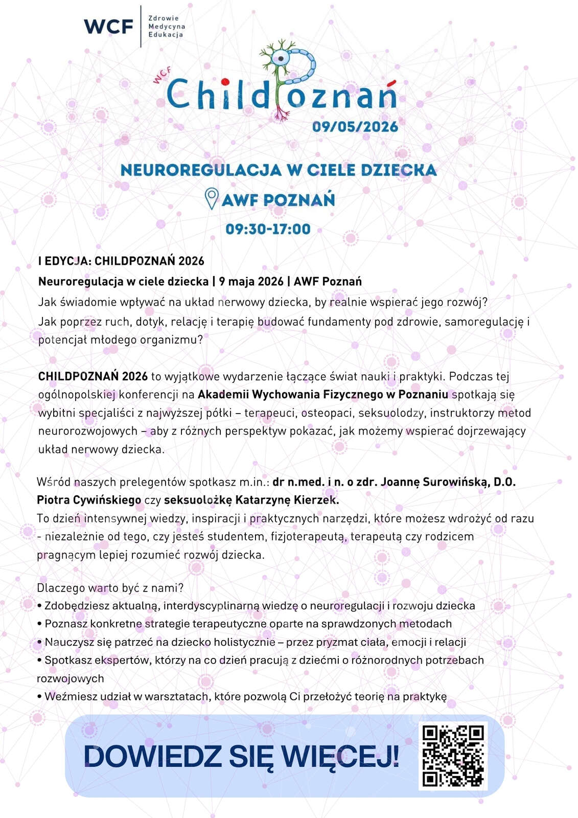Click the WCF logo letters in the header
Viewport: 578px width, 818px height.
click(108, 27)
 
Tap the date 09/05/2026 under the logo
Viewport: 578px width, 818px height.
click(355, 127)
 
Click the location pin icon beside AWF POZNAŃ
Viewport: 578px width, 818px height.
click(212, 199)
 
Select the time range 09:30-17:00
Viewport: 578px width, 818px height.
click(268, 229)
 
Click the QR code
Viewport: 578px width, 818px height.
click(453, 756)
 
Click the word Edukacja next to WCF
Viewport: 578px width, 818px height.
click(166, 35)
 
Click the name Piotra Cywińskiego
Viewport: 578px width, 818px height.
click(89, 499)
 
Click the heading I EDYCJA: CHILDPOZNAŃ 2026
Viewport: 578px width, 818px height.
click(121, 261)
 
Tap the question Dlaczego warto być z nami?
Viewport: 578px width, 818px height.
click(110, 587)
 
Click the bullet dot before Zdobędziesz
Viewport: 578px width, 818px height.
click(39, 606)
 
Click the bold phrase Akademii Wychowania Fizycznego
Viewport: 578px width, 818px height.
click(290, 394)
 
